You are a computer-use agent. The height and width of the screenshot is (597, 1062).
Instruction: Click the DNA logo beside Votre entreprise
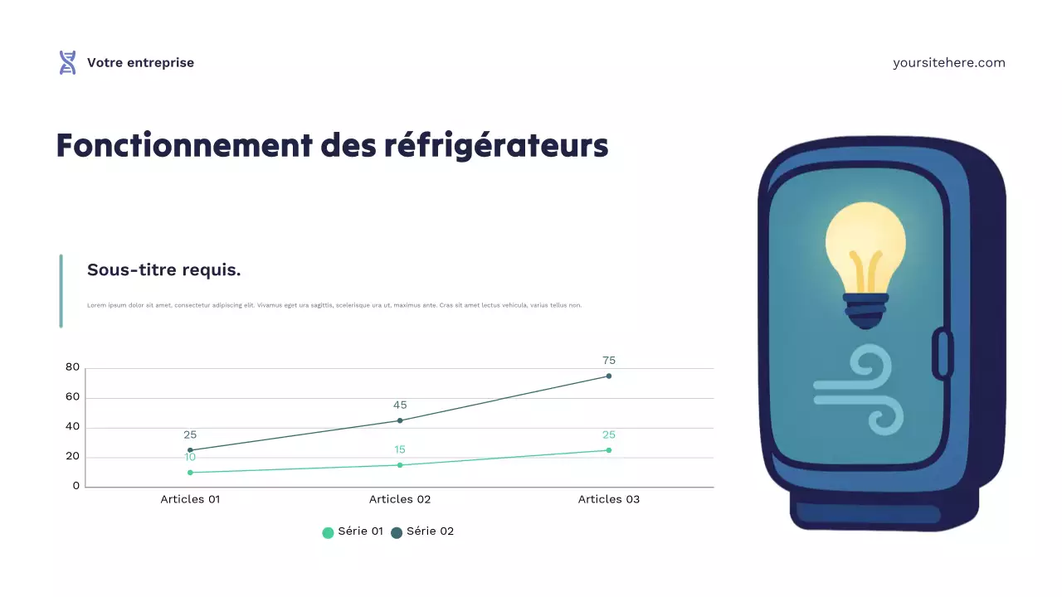(67, 63)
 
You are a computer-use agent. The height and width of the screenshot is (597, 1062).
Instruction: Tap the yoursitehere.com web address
(948, 63)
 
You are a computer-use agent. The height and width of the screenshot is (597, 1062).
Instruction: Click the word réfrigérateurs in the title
(496, 145)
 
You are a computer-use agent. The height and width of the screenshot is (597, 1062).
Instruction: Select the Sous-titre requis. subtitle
(164, 270)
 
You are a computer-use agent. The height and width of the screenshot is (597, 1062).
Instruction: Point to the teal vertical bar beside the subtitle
(61, 291)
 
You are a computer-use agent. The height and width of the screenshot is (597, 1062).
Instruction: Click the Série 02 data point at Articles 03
(609, 376)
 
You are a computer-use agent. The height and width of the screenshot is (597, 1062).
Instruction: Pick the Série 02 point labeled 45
(400, 420)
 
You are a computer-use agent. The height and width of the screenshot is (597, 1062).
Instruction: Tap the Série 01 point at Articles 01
(190, 473)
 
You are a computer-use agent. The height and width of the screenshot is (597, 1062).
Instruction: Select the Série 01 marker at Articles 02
(400, 465)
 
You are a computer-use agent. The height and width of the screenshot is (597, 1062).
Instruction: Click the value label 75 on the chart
(609, 361)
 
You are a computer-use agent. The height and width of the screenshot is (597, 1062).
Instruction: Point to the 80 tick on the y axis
(72, 367)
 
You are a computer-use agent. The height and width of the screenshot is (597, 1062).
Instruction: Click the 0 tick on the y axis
(76, 486)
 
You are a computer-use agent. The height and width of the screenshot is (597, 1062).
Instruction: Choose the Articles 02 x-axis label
(400, 499)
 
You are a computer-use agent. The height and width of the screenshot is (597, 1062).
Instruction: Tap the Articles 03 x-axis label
(609, 499)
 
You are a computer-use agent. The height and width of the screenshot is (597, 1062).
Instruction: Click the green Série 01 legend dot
(328, 532)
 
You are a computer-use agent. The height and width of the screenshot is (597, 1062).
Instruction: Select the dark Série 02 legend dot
(397, 532)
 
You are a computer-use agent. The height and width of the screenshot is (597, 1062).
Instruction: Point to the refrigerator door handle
(943, 354)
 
